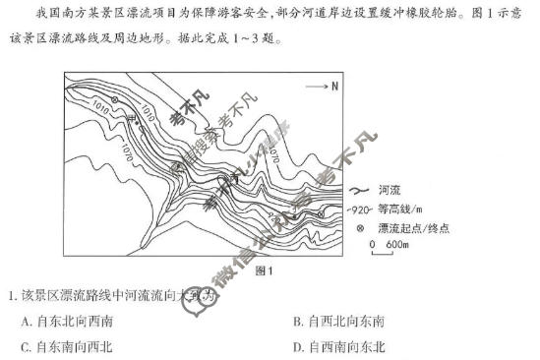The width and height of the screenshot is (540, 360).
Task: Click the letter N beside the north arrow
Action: pos(334,87)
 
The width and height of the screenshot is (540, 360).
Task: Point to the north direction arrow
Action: pos(317,87)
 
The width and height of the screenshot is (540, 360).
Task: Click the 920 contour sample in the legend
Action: pos(360,209)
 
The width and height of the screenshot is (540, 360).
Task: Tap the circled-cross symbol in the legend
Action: pos(359,227)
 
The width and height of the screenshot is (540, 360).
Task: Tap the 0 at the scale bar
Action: pos(372,243)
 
